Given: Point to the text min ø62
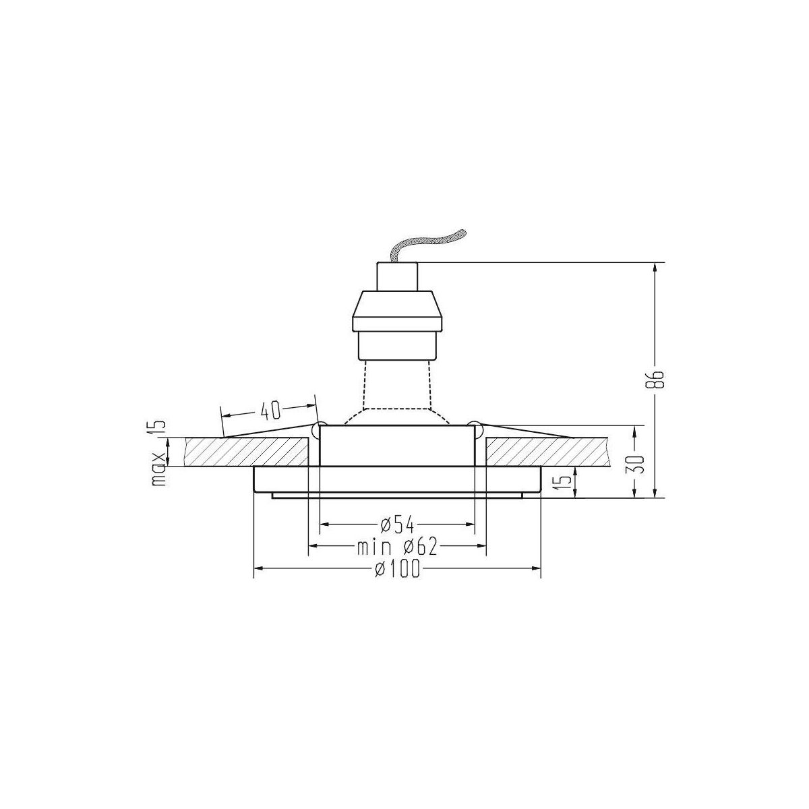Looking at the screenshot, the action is coord(396,547).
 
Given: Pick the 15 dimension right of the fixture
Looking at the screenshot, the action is coord(567,483).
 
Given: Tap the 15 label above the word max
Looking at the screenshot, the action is coord(160,429).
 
